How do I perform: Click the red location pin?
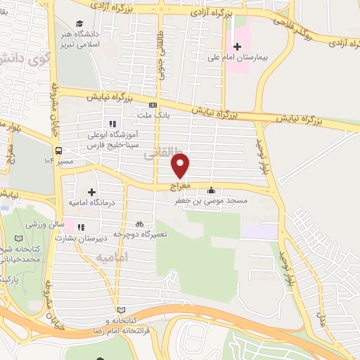pyautogui.click(x=181, y=165)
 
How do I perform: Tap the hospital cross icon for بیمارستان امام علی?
pyautogui.click(x=237, y=46)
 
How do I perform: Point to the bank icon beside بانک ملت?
pyautogui.click(x=162, y=104)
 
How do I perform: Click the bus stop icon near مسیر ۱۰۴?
pyautogui.click(x=58, y=150)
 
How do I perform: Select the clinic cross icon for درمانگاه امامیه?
pyautogui.click(x=91, y=191)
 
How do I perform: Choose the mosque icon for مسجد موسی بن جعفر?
pyautogui.click(x=212, y=191)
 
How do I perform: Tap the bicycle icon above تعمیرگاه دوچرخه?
pyautogui.click(x=139, y=223)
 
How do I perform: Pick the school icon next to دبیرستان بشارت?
pyautogui.click(x=81, y=227)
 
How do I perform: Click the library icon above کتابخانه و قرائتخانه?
pyautogui.click(x=122, y=310)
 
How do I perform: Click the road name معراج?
pyautogui.click(x=181, y=188)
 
